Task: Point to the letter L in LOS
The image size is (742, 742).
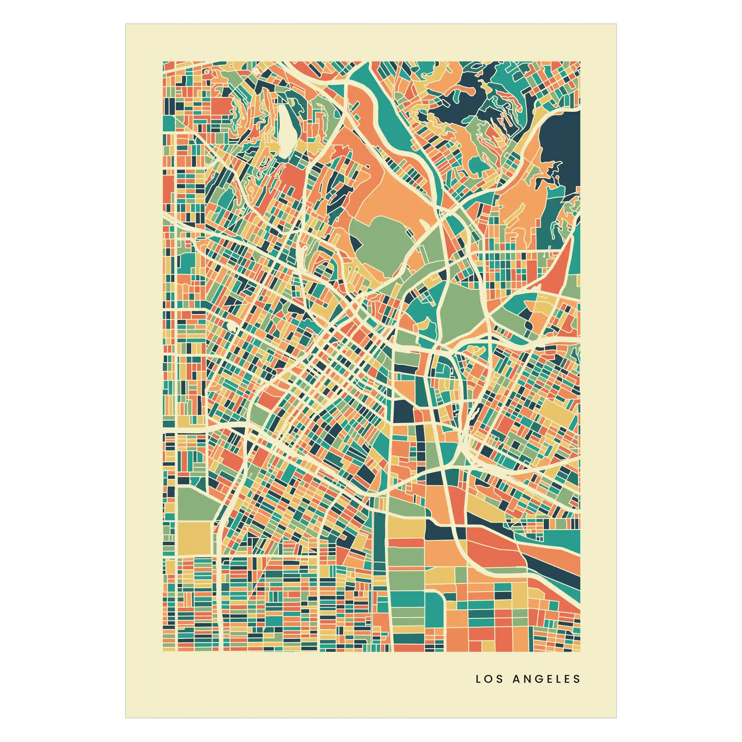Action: pos(478,679)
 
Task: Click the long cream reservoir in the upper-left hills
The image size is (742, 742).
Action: pos(285,130)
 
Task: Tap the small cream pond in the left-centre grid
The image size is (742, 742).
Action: pos(232,326)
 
